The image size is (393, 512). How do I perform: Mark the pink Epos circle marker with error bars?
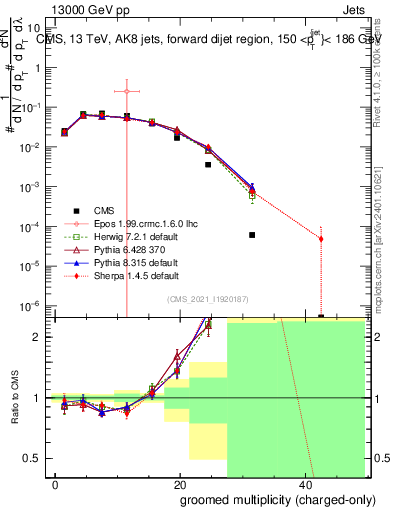click(x=127, y=91)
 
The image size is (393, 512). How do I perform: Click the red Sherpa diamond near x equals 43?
click(x=321, y=238)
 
